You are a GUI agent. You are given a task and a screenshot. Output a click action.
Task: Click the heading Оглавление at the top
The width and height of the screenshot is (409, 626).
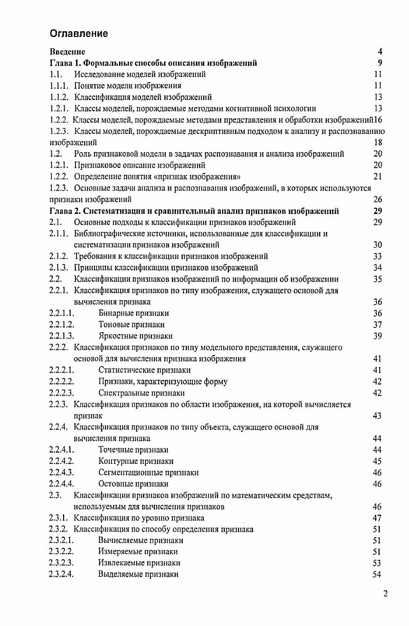point(79,34)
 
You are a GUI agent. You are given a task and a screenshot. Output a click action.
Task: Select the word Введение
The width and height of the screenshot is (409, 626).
point(67,52)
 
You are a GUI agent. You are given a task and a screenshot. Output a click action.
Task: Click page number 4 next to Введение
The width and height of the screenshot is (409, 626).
point(380,52)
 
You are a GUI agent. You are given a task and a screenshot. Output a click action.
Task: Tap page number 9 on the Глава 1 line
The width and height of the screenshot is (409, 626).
point(380,63)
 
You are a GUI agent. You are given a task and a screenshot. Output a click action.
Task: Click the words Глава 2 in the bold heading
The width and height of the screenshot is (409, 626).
point(65,211)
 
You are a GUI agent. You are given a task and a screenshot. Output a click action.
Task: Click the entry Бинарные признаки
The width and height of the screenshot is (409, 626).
point(133,313)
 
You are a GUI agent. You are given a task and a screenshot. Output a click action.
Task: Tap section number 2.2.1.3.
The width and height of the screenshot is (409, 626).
point(62,336)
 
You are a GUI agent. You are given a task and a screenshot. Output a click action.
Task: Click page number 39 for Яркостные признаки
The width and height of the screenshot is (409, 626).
point(377,336)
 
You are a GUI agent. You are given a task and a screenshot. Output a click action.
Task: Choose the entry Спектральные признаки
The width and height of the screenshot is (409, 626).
point(141,393)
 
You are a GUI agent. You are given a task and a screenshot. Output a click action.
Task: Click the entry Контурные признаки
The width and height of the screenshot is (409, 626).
point(135,461)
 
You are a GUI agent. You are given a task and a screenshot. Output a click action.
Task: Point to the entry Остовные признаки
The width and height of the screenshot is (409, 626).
point(133,484)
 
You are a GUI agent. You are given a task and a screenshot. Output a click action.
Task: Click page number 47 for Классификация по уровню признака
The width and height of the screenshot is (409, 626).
point(377,518)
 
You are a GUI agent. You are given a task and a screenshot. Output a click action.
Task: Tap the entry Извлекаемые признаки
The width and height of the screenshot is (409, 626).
point(139,563)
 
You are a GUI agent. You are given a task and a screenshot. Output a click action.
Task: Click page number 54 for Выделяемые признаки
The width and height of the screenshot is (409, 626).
point(377,574)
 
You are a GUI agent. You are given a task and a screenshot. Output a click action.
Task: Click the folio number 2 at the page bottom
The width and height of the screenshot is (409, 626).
point(385,594)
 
